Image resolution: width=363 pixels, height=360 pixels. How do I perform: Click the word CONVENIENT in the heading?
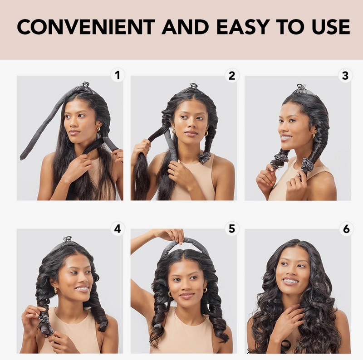point(86,27)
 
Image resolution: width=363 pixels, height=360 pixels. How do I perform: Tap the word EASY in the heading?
point(243,27)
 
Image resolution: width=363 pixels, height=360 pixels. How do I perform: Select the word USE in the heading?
point(331,27)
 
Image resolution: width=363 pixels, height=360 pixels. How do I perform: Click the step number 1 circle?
point(118,75)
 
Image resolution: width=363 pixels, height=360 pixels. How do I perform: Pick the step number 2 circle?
point(232,76)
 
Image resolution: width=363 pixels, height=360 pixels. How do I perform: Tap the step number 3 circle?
point(345,76)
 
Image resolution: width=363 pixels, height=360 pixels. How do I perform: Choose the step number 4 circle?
point(118,229)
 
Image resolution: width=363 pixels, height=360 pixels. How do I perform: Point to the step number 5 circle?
point(232,229)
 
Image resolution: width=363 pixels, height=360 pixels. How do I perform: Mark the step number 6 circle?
point(346,229)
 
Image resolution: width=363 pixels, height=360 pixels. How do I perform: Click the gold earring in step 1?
point(98,129)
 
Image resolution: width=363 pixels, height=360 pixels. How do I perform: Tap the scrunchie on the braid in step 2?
point(205,157)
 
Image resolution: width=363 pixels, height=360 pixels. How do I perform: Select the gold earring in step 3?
point(314,136)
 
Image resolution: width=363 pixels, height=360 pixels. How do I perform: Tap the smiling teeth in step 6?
point(290,281)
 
